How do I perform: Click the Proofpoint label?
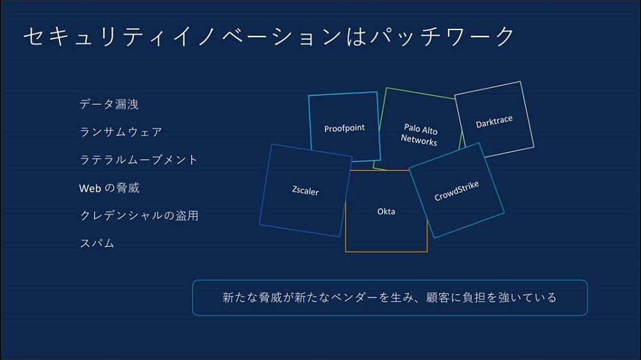[x=344, y=128]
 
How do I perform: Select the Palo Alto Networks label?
[x=420, y=135]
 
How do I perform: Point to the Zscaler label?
[x=305, y=191]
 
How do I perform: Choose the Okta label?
[x=386, y=211]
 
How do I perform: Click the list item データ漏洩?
[x=109, y=104]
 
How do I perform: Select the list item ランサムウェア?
[x=121, y=132]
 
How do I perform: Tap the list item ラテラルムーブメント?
[x=138, y=160]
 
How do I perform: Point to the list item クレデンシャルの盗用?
[x=138, y=216]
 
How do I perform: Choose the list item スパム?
[x=97, y=243]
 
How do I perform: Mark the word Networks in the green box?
[x=419, y=140]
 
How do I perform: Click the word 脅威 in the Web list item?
[x=128, y=188]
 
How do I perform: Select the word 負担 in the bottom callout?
[x=483, y=297]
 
